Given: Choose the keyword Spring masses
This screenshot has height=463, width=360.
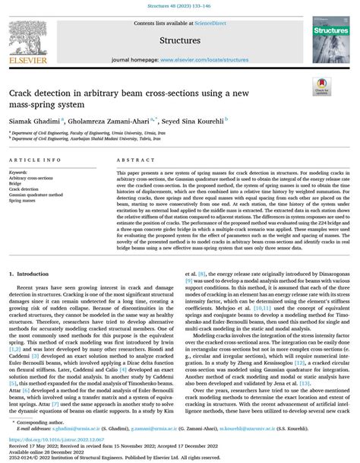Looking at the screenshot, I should tap(26, 201).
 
